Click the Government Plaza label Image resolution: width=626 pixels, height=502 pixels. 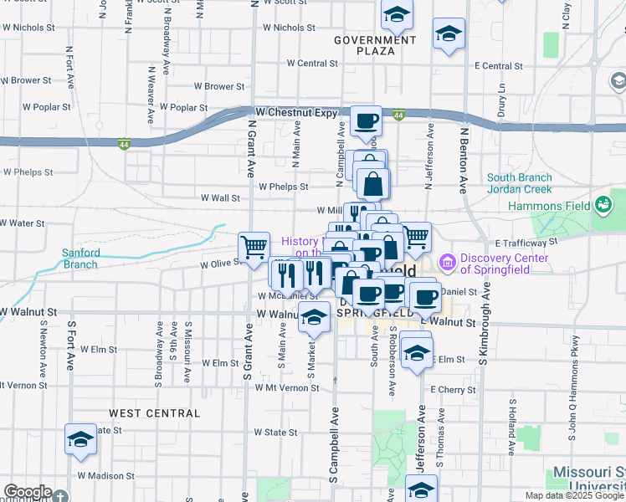click(374, 45)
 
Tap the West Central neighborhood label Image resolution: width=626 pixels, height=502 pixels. click(154, 413)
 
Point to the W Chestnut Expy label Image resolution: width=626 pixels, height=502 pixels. click(296, 111)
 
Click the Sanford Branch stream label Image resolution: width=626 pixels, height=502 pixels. click(81, 259)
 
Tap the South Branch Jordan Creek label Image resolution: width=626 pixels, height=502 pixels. click(520, 184)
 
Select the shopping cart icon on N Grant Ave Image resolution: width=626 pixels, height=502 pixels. click(254, 247)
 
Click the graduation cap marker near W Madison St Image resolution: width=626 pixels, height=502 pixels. click(80, 439)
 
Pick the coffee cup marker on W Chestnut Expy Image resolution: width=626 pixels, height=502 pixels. click(367, 121)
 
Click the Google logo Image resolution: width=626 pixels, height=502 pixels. click(28, 492)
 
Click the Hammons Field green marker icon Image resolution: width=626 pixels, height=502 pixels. click(603, 203)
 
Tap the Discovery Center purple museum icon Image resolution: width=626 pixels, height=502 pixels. click(446, 264)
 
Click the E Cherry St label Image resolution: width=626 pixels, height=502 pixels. click(453, 390)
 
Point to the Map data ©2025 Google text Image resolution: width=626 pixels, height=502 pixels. click(574, 495)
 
